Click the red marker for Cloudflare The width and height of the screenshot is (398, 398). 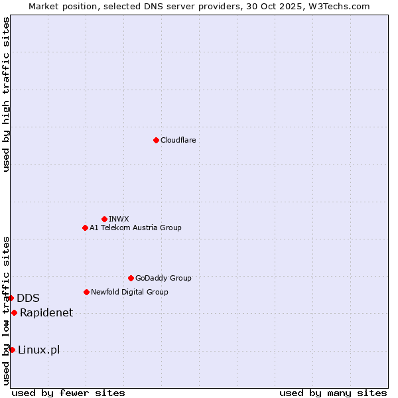[156, 140]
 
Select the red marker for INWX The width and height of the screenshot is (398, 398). [104, 219]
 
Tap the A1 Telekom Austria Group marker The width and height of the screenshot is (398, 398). [85, 228]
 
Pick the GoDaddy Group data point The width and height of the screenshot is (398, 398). [131, 278]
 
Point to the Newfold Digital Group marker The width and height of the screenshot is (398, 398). [86, 292]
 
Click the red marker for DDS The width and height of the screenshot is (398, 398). [11, 298]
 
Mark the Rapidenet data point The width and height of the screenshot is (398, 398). [14, 312]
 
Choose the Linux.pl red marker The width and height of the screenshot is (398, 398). [12, 350]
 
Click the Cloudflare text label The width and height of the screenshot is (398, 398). [178, 140]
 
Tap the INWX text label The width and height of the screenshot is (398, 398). [119, 219]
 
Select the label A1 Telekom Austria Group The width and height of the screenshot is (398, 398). [135, 228]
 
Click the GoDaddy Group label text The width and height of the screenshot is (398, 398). [163, 278]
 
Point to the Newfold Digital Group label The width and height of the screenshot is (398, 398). [129, 292]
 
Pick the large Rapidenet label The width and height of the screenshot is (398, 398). [46, 312]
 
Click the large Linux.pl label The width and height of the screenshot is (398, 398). [38, 350]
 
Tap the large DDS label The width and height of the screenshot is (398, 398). [28, 298]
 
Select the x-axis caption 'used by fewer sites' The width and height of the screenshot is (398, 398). [68, 393]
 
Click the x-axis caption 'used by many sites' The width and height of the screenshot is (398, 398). [333, 393]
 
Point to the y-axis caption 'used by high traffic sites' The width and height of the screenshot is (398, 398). [6, 94]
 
